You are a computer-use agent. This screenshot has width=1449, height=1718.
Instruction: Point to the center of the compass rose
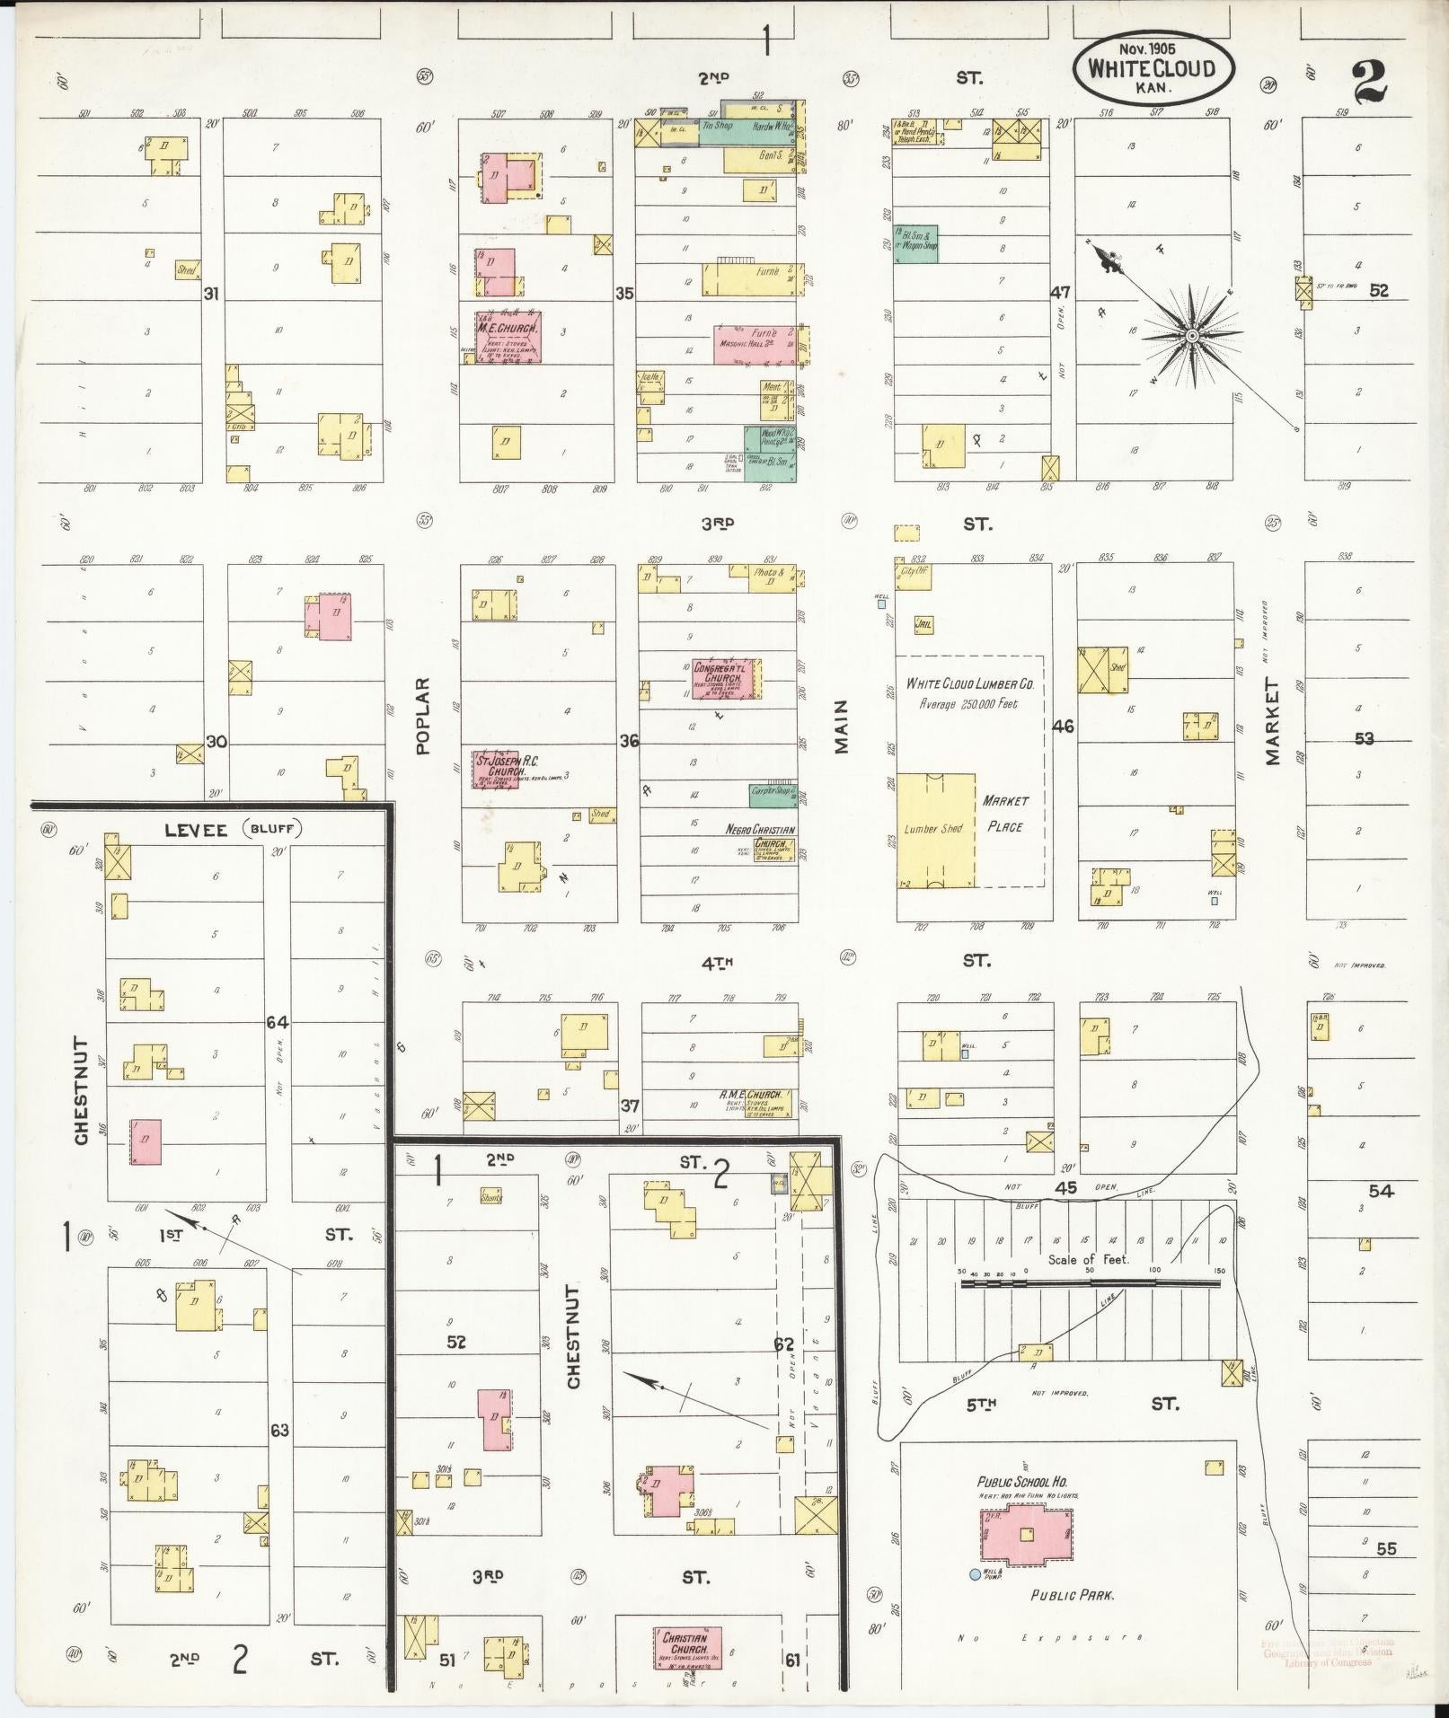pos(1191,336)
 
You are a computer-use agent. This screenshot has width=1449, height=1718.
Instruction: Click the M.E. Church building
pos(508,337)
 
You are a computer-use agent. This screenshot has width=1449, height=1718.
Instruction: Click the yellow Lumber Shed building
pos(936,830)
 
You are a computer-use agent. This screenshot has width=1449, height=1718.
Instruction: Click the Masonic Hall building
pos(754,344)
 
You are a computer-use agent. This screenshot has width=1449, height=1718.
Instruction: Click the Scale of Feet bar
pos(1090,1283)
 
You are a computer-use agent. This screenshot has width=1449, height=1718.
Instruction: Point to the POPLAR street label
pos(423,715)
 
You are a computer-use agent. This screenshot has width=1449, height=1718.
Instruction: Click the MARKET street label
pos(1272,721)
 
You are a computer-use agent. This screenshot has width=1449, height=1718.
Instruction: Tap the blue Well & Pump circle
pos(975,1573)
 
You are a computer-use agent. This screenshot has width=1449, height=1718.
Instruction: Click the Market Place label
pos(1005,813)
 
